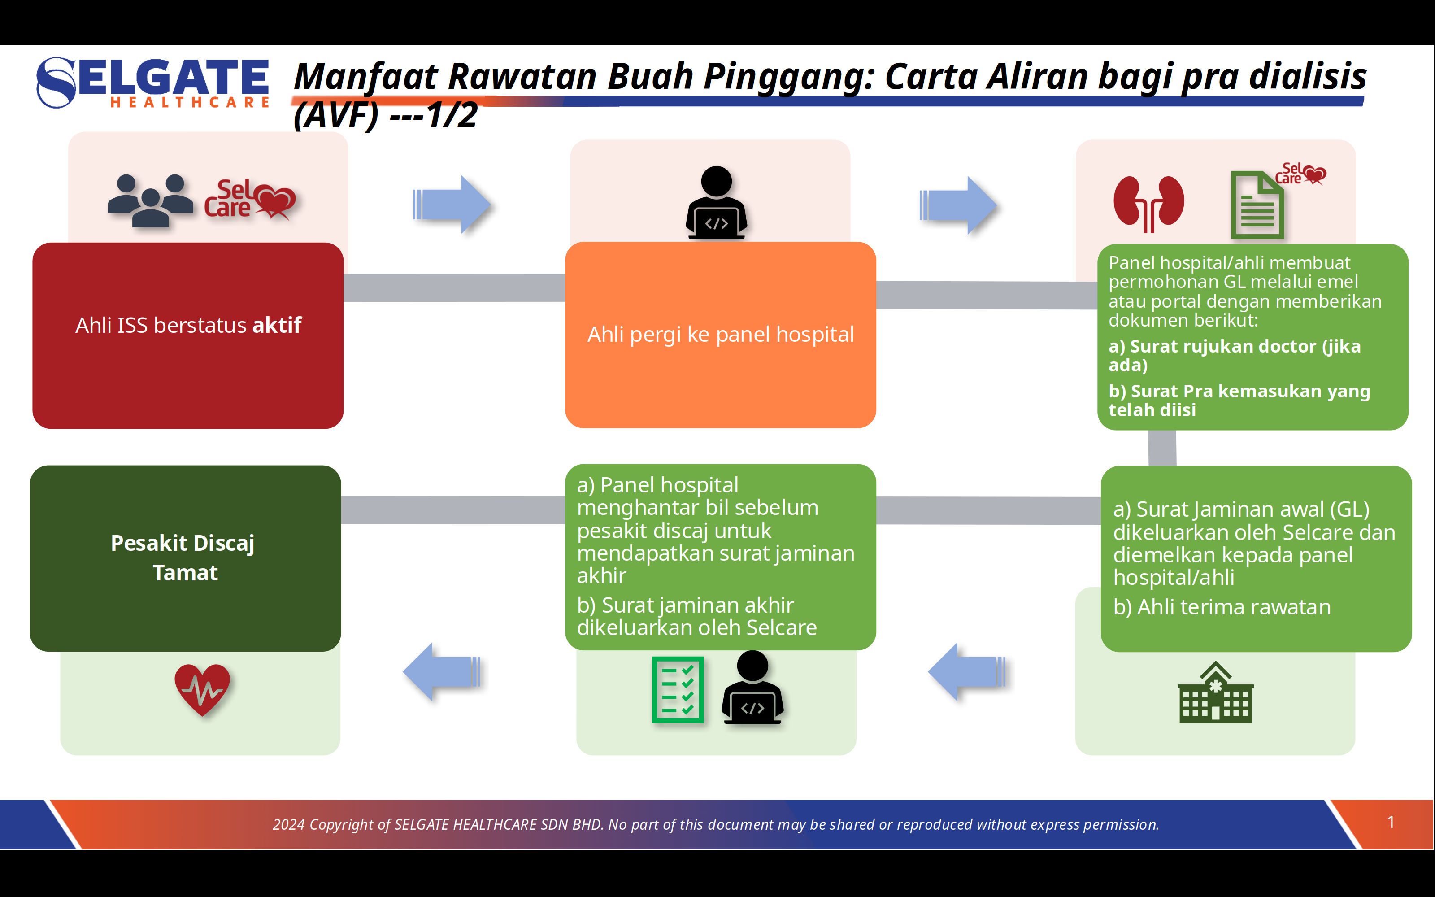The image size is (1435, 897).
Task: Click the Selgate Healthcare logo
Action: [x=153, y=83]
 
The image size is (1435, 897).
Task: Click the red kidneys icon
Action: [x=1148, y=204]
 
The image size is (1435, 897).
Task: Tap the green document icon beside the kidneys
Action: [x=1257, y=205]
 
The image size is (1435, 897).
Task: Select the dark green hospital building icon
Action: [x=1215, y=693]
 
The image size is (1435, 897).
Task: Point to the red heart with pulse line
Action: [x=202, y=689]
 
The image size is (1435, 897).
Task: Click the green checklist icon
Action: [x=677, y=689]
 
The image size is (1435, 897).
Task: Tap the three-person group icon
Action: [x=150, y=200]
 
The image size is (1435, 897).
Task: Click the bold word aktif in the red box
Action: [x=277, y=325]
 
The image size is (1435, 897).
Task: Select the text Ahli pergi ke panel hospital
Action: [x=721, y=335]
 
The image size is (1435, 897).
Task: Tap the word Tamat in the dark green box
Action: [x=185, y=573]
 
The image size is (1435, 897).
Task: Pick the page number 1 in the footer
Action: [x=1391, y=822]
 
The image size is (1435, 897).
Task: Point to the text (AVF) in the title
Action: [x=335, y=115]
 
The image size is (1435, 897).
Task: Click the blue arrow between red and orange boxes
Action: [x=452, y=205]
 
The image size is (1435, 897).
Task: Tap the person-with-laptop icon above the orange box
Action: [x=716, y=203]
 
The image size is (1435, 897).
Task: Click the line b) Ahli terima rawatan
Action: [x=1222, y=607]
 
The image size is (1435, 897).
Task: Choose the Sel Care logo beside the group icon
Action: [x=249, y=199]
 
